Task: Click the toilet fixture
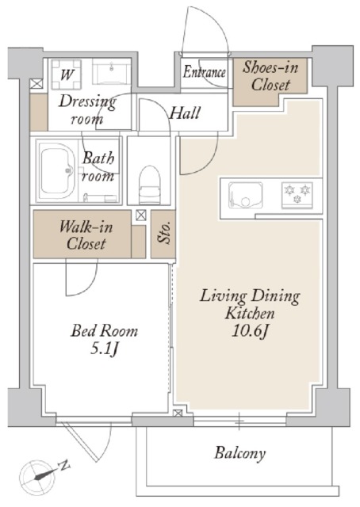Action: coord(150,185)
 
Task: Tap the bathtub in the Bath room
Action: coord(57,170)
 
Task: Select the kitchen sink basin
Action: coord(245,196)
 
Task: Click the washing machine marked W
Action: coord(67,74)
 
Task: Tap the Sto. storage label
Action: coord(164,233)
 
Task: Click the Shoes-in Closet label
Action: coord(270,76)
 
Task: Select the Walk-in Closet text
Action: coord(86,235)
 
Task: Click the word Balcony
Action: coord(240,453)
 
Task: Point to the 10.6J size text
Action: coord(251,331)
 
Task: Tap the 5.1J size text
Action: coord(104,349)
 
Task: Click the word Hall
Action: coord(185,113)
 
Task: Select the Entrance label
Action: coord(204,72)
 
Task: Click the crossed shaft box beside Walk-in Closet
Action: coord(141,215)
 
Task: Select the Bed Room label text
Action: coord(104,331)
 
